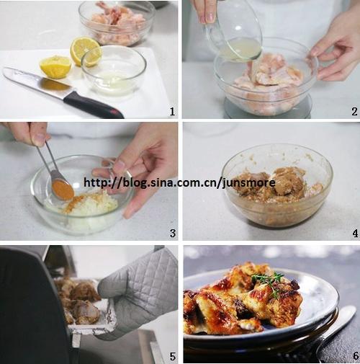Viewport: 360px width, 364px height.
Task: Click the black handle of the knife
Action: coord(94,105)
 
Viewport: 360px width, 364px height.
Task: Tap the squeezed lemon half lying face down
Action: coord(55,67)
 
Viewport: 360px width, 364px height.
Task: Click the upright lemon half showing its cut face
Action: coord(86,51)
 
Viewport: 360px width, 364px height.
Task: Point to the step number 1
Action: coord(172,111)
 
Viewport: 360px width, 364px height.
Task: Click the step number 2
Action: coord(354,111)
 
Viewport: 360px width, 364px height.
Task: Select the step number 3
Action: coord(173,234)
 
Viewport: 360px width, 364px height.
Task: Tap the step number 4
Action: coord(355,234)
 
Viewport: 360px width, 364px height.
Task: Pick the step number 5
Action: coord(173,356)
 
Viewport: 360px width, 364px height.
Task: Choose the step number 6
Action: coord(356,356)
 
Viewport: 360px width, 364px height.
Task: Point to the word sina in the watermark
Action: coord(161,183)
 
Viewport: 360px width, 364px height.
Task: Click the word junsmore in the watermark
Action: coord(249,183)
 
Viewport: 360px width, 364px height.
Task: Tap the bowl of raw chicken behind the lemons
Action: coord(117,23)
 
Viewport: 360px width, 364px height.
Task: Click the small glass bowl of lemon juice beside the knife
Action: coord(114,71)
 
